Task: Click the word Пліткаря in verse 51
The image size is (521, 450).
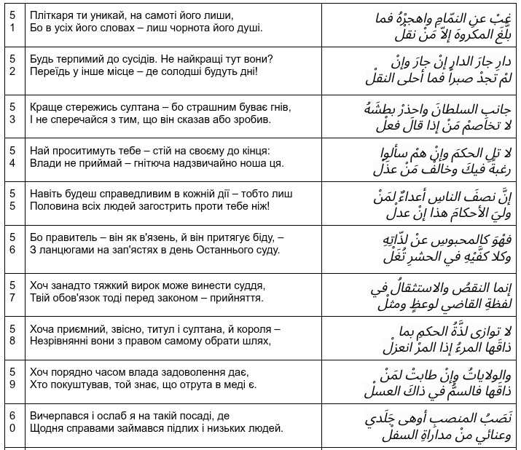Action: point(52,15)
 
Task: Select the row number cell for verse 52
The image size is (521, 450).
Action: point(12,66)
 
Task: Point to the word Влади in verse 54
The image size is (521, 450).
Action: point(46,165)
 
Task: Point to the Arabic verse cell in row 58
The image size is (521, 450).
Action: point(419,337)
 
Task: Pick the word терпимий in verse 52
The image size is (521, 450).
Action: point(82,58)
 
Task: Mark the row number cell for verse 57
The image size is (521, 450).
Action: point(12,291)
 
